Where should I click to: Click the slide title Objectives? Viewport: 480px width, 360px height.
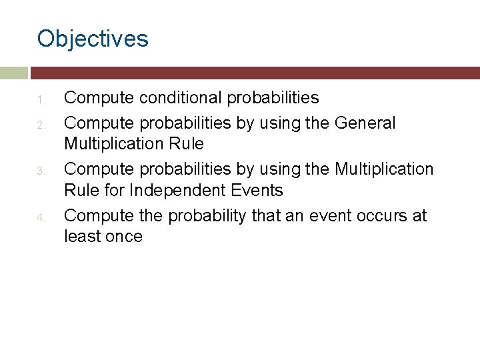click(93, 39)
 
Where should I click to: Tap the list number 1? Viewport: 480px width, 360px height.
click(40, 101)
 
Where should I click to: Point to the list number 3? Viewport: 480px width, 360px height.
click(40, 172)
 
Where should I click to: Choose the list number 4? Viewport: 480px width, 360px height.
click(40, 219)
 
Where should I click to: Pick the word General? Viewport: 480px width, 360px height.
click(365, 123)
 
